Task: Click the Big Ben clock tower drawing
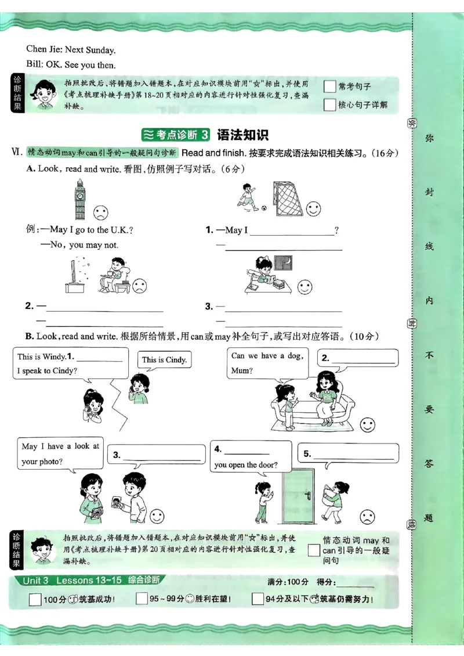(x=79, y=199)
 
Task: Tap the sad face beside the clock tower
(x=101, y=212)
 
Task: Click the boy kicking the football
(x=248, y=196)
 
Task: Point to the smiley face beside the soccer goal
(x=313, y=208)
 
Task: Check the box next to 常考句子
(x=330, y=86)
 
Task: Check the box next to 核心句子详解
(x=330, y=105)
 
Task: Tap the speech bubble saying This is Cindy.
(x=164, y=360)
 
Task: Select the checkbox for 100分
(x=35, y=599)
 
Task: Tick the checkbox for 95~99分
(x=142, y=599)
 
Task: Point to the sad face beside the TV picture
(x=140, y=286)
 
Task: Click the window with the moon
(x=284, y=263)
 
